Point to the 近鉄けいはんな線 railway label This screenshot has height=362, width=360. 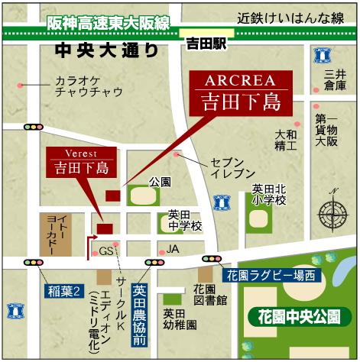pyautogui.click(x=290, y=18)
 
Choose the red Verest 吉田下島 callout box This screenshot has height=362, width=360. pyautogui.click(x=79, y=161)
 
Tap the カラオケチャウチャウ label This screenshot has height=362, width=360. pyautogui.click(x=89, y=86)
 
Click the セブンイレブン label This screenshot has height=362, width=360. pyautogui.click(x=226, y=170)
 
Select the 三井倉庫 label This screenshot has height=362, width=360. pyautogui.click(x=335, y=79)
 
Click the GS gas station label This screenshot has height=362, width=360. pyautogui.click(x=106, y=251)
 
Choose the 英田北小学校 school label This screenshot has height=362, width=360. pyautogui.click(x=271, y=195)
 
